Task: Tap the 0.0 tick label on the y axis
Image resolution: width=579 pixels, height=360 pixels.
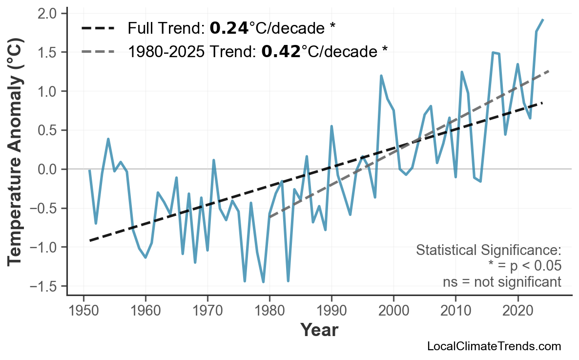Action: [50, 169]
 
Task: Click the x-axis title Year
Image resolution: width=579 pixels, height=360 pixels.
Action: [319, 331]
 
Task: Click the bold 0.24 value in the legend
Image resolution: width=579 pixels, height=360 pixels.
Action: [228, 28]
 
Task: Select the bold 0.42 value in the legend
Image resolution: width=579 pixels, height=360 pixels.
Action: [281, 51]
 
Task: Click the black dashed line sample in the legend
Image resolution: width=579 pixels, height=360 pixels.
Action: [98, 28]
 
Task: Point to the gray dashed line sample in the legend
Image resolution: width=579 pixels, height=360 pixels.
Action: [98, 51]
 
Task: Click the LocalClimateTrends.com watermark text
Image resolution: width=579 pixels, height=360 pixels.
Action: [494, 347]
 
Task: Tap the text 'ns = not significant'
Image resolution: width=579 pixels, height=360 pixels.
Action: [502, 282]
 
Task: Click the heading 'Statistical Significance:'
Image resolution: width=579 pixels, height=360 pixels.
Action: [488, 251]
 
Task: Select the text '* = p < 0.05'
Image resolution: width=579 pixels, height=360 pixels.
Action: [524, 266]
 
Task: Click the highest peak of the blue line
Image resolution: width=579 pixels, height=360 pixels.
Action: [543, 20]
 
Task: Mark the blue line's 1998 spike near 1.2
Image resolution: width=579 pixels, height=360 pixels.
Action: [381, 76]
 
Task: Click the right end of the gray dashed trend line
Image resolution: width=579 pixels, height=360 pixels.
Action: [549, 71]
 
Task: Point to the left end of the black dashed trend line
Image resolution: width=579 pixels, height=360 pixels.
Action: [90, 240]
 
